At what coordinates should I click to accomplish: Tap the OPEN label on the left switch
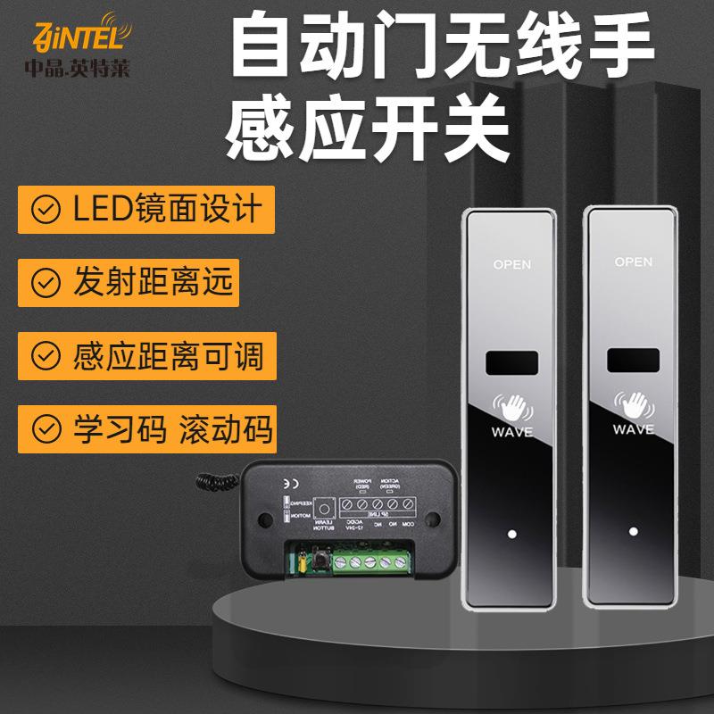click(511, 263)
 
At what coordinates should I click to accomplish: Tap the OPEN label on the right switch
click(634, 262)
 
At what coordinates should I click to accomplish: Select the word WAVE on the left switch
click(511, 432)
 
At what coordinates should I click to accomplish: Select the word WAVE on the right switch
click(634, 430)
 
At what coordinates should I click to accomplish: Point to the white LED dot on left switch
click(511, 535)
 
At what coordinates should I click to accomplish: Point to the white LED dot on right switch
click(633, 533)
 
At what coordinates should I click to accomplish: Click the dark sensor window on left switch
click(511, 363)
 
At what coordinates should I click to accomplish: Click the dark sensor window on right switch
click(634, 361)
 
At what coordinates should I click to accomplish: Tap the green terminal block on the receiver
click(369, 562)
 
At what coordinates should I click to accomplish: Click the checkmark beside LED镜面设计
click(42, 211)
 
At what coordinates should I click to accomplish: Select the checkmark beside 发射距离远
click(42, 283)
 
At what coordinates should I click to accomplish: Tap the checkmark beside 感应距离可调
click(42, 356)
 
